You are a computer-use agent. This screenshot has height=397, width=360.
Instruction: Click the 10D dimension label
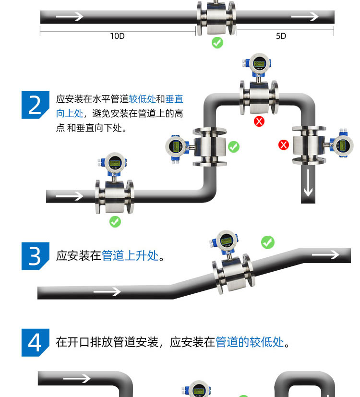(x=117, y=36)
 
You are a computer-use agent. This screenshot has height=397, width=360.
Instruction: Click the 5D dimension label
(x=281, y=36)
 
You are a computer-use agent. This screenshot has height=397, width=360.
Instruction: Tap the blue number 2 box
(x=36, y=105)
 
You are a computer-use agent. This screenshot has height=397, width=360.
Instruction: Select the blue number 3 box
(x=36, y=256)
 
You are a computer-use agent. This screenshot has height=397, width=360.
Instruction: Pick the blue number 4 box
(x=36, y=342)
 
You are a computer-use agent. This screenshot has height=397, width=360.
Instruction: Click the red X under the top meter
(x=259, y=121)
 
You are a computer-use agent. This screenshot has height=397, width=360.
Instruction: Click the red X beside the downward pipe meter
(x=284, y=144)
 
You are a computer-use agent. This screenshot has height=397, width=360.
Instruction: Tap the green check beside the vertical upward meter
(x=234, y=147)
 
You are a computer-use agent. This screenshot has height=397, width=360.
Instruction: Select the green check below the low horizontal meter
(x=115, y=222)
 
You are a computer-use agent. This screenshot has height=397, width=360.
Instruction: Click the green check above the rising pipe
(x=268, y=242)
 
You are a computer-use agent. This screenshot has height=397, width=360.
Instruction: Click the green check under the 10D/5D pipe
(x=217, y=43)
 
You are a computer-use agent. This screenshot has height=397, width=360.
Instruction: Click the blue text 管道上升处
(x=130, y=256)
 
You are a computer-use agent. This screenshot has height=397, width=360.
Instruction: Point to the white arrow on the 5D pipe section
(x=305, y=17)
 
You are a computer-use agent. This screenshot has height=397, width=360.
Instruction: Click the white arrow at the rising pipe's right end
(x=325, y=254)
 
